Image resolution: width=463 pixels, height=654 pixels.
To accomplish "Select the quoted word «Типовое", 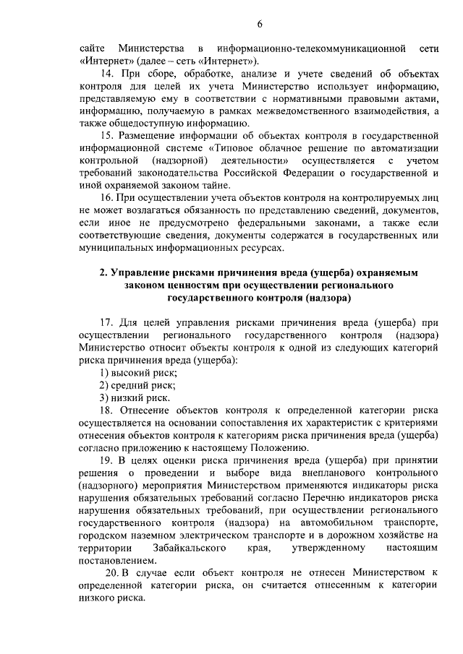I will (234, 148).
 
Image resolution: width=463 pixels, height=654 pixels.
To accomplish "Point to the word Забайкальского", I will (184, 548).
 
